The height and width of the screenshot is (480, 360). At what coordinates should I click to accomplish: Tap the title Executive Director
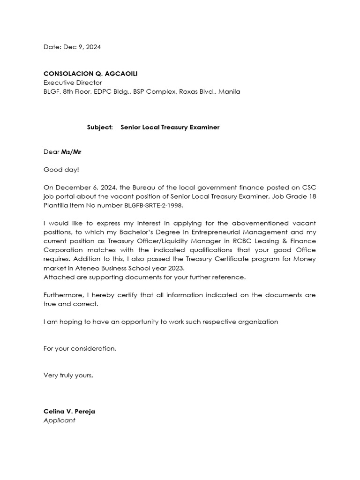point(72,82)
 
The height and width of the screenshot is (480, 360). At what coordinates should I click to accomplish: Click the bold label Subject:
point(100,127)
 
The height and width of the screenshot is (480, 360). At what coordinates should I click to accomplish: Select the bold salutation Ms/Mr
point(71,151)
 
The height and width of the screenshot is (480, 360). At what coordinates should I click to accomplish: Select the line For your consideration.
point(80,348)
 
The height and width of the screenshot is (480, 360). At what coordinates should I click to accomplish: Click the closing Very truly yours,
point(68,375)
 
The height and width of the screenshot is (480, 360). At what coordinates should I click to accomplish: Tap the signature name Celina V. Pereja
point(69,411)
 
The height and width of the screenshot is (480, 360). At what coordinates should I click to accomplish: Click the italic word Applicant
point(59,420)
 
